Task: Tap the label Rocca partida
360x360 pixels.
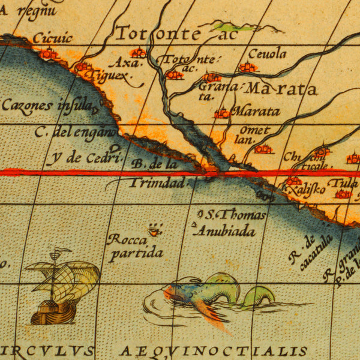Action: tap(136, 246)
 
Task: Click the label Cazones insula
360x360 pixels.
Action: tap(48, 105)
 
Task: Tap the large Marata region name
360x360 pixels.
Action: tap(281, 89)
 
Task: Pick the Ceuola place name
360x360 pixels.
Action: tap(267, 54)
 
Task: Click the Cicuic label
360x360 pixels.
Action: tap(52, 38)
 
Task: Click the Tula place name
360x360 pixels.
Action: tap(347, 184)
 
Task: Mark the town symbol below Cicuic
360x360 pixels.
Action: tap(48, 54)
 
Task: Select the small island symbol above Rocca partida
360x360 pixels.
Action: tap(155, 230)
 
